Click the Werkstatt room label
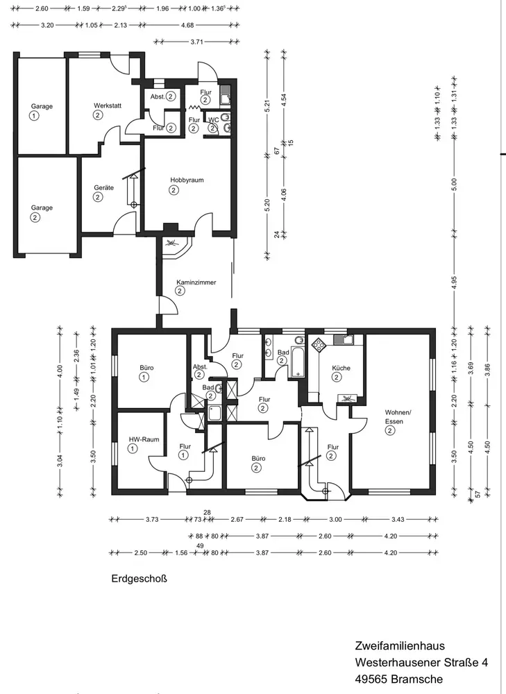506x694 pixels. pos(108,105)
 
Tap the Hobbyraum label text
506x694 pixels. pos(187,180)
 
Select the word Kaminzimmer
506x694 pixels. pos(196,282)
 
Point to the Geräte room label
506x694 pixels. pos(103,187)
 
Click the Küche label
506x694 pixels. pos(341,368)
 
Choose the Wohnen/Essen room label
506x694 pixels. pos(397,416)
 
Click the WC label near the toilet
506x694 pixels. pos(213,120)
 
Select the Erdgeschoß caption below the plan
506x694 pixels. pos(139,579)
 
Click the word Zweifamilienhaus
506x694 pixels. pos(400,645)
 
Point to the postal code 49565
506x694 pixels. pos(371,679)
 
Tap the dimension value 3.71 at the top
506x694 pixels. pos(196,42)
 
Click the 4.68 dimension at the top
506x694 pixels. pos(187,25)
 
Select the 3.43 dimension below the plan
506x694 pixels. pos(398,519)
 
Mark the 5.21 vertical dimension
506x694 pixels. pos(267,105)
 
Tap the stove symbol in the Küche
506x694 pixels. pos(319,344)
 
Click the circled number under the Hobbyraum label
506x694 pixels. pos(174,190)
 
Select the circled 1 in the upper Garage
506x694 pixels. pos(34,116)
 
